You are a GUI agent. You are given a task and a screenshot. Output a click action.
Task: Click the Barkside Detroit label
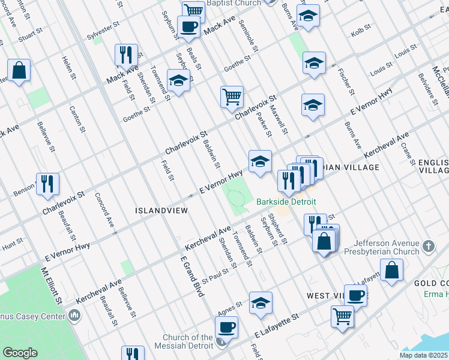pos(286,202)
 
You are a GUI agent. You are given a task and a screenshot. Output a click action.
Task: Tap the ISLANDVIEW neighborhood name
pos(161,211)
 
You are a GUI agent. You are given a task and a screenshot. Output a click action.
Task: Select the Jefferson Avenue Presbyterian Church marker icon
pos(428,246)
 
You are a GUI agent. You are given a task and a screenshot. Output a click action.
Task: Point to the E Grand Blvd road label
pos(193,275)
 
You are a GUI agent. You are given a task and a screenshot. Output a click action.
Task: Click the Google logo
pos(20,353)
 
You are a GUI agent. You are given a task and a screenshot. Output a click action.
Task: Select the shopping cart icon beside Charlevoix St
pos(232,97)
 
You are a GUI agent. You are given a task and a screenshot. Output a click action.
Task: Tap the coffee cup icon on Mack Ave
pos(189,27)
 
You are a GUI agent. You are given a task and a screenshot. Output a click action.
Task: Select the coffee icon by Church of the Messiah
pos(226,328)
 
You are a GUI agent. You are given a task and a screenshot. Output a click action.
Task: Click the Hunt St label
pos(11,246)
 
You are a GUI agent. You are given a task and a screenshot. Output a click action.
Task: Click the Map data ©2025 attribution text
pos(423,355)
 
